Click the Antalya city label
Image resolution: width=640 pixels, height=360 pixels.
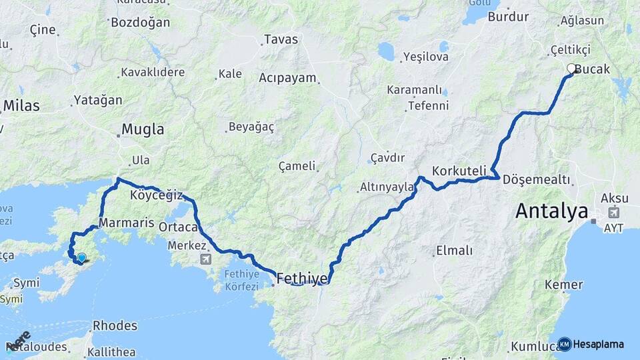point(551,211)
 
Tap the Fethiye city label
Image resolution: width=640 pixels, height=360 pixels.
point(302,278)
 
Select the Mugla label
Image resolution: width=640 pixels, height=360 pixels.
point(143,129)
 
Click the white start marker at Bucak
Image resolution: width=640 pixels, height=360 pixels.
point(571,68)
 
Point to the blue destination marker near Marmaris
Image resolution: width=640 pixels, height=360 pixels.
point(81,258)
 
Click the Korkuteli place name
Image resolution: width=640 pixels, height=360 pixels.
point(459,171)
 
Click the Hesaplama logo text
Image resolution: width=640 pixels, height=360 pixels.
point(598,344)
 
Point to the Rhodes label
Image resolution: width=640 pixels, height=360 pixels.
point(115,326)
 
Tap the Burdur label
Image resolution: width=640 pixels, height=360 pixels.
point(508,17)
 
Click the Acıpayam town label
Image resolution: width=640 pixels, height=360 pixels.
point(287,77)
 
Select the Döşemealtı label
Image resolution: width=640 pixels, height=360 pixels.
point(537,179)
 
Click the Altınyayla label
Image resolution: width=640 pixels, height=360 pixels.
point(387,187)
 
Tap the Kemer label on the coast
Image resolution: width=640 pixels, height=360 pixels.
point(563,285)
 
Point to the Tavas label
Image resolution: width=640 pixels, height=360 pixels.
point(281,39)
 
